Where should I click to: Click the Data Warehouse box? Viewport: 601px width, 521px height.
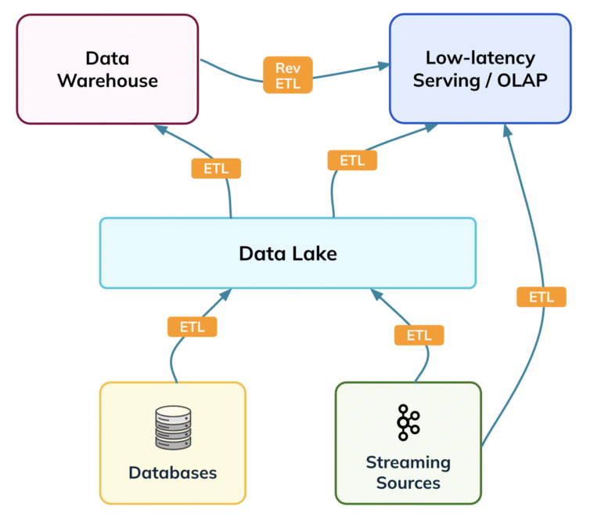(x=106, y=69)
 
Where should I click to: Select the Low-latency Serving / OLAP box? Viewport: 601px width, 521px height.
(x=480, y=69)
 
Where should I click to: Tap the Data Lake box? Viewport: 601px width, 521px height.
(x=287, y=253)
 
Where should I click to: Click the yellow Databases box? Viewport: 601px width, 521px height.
(x=172, y=443)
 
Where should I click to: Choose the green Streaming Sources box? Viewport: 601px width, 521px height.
(x=408, y=443)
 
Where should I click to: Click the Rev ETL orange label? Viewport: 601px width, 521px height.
(x=288, y=75)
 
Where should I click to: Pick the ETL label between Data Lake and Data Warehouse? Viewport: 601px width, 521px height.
(x=216, y=168)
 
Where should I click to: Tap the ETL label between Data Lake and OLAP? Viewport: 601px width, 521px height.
(x=352, y=160)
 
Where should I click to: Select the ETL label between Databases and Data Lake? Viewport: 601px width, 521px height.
(x=192, y=327)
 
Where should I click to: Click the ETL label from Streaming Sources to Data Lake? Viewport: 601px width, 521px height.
(x=419, y=335)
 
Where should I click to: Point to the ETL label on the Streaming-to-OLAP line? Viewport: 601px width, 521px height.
(x=541, y=297)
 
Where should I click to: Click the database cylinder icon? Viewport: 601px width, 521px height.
(x=172, y=428)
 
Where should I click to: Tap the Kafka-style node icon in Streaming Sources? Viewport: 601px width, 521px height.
(x=408, y=422)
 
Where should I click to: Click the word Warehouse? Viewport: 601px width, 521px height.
(x=107, y=81)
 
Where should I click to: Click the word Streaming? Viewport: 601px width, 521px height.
(x=408, y=462)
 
